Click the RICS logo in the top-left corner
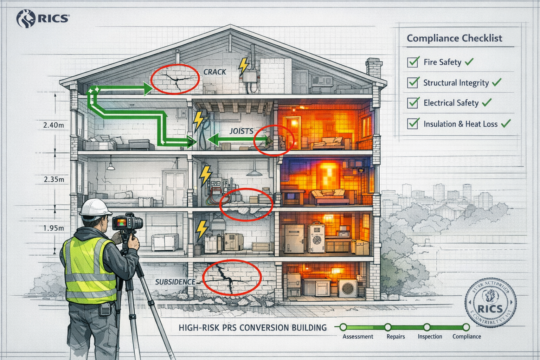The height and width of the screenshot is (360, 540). tap(43, 18)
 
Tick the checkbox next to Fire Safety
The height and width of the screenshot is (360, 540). tap(413, 62)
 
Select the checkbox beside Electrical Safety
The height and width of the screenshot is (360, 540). tap(413, 103)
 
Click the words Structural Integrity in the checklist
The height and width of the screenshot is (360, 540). tap(456, 83)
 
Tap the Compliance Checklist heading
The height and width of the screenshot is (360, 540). tap(454, 38)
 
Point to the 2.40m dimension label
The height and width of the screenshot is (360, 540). tap(53, 125)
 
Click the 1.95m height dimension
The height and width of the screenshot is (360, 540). tap(53, 228)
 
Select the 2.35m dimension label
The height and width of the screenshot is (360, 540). tap(54, 179)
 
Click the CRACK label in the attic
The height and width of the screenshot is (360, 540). tap(215, 72)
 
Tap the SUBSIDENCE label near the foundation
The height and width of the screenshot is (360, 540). tap(175, 282)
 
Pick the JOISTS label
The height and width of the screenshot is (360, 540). tap(242, 131)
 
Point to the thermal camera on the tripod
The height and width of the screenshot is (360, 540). tap(127, 223)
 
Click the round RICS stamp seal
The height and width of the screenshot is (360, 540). tap(490, 303)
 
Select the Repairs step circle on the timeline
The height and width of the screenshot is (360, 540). tap(388, 327)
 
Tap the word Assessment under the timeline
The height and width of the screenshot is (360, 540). tap(358, 336)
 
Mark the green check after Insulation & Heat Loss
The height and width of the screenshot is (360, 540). tap(506, 124)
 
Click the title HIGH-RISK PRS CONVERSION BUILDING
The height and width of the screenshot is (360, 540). tap(252, 328)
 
